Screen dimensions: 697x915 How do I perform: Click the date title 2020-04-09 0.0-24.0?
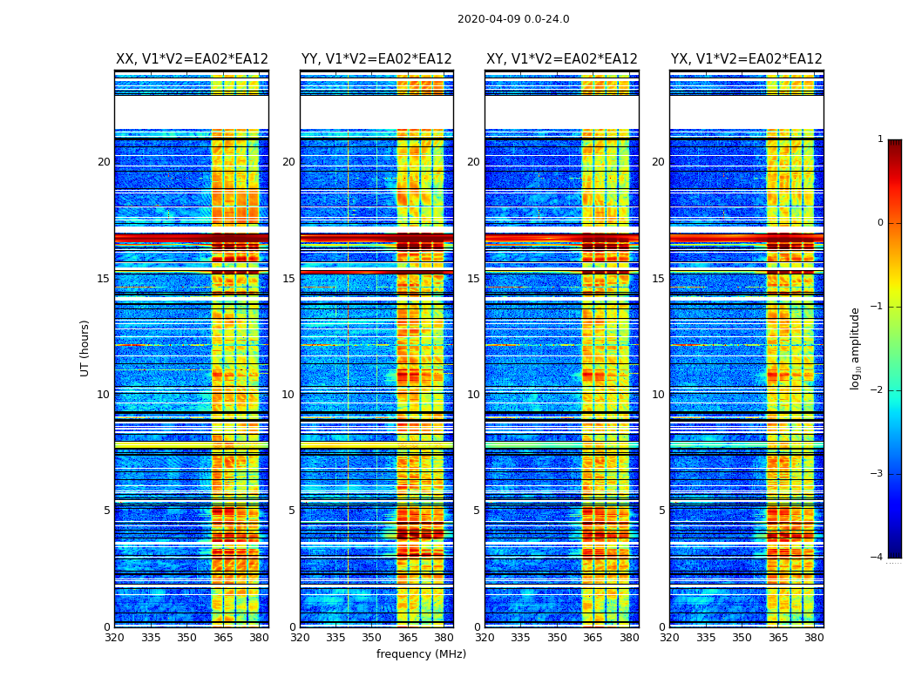513,19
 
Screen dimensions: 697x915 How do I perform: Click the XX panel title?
192,59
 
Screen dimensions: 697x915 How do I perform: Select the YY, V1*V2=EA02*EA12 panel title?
376,59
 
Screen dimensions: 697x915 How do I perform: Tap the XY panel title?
561,59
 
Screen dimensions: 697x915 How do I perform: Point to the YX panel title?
746,59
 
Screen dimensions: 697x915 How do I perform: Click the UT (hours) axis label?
85,348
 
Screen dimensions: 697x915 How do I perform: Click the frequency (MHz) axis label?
421,654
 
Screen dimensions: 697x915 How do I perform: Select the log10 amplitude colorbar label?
856,348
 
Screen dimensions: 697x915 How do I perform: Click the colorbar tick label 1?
880,139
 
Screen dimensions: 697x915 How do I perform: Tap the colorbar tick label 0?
880,223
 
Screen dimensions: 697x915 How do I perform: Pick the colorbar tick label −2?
878,390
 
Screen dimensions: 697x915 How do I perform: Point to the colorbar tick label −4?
878,558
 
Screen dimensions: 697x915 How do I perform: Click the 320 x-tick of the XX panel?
115,638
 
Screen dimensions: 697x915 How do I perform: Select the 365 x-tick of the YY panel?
408,638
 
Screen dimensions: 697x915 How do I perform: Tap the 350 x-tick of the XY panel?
557,638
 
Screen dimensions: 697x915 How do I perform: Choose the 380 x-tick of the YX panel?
814,638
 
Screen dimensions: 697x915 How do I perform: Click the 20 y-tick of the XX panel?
104,162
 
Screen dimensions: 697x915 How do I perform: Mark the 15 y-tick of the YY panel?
288,279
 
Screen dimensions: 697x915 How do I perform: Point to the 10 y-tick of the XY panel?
473,395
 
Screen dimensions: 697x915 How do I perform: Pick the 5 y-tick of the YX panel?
661,511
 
